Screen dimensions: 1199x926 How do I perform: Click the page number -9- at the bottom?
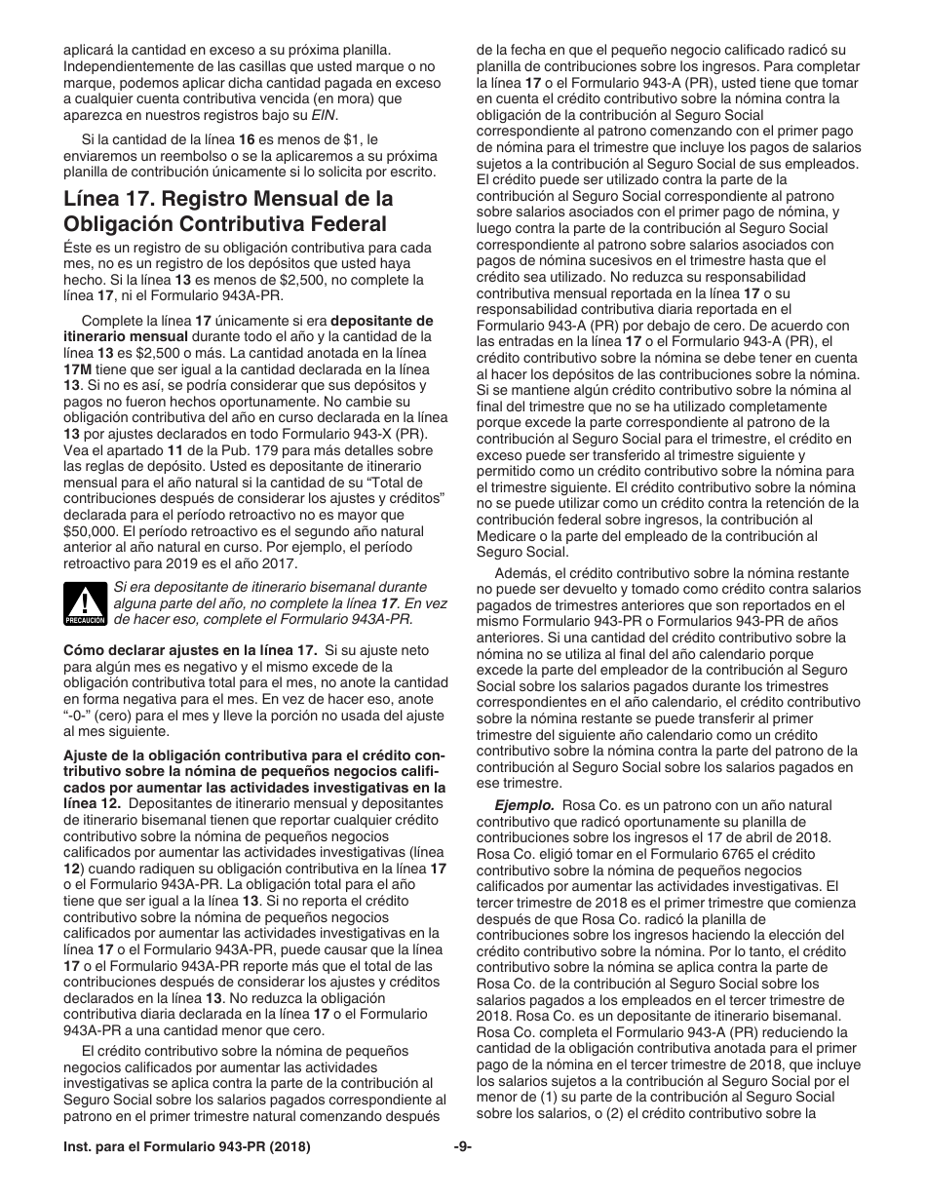click(463, 1147)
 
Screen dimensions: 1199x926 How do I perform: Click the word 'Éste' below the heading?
click(78, 249)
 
